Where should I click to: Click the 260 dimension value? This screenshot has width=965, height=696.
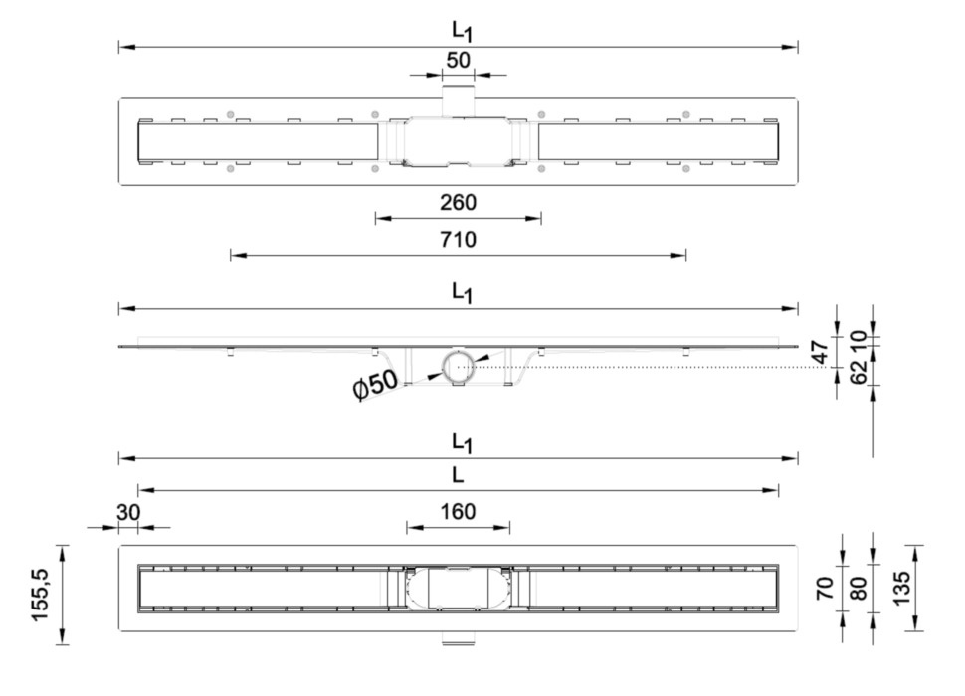point(459,203)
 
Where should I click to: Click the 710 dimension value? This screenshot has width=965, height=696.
point(459,240)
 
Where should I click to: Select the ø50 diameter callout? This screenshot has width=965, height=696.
point(376,383)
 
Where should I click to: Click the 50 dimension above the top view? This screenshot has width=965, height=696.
point(459,60)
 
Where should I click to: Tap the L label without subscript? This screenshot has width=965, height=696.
point(458,475)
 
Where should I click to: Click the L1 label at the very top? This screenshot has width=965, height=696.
point(460,31)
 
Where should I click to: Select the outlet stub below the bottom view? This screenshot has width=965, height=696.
point(459,637)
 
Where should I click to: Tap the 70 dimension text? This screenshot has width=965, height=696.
point(824,588)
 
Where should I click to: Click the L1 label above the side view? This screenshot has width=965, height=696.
point(460,293)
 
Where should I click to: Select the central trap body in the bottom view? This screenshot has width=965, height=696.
point(459,589)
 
